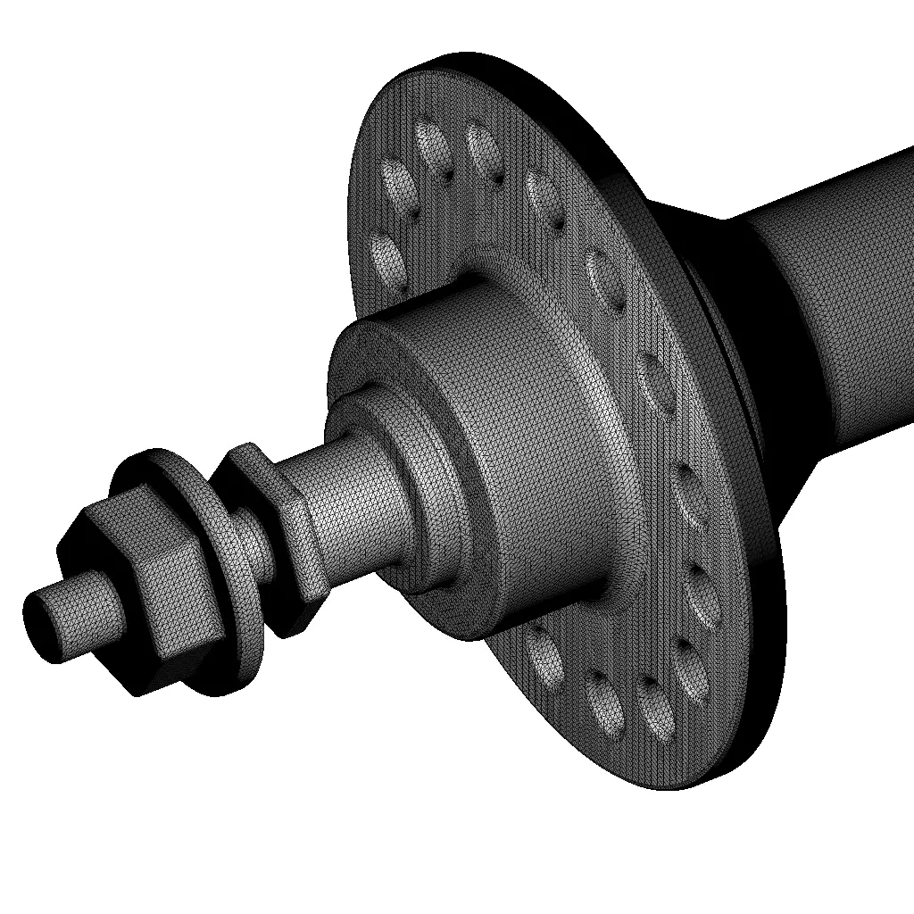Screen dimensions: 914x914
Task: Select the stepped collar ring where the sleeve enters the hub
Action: tap(428, 500)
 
